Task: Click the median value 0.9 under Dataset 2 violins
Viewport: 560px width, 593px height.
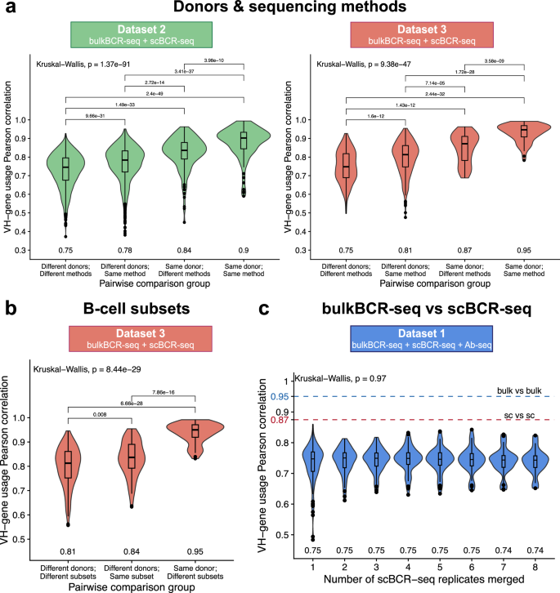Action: [241, 248]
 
